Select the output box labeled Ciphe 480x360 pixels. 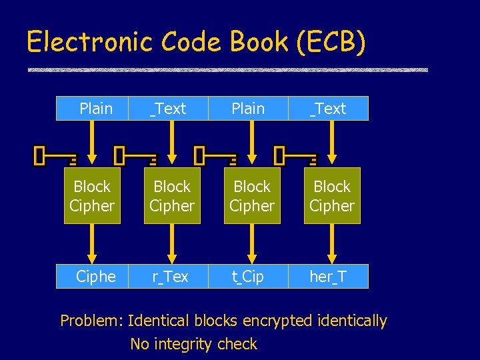click(x=95, y=277)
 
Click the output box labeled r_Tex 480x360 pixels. click(x=171, y=277)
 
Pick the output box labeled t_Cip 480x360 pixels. click(x=249, y=277)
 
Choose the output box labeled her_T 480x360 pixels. click(x=328, y=277)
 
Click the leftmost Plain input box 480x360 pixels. click(x=95, y=109)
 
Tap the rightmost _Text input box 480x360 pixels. click(x=328, y=109)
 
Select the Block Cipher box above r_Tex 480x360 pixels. click(x=172, y=196)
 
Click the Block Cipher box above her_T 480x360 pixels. click(x=332, y=196)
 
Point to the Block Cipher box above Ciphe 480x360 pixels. click(x=92, y=196)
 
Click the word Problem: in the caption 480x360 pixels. click(x=91, y=321)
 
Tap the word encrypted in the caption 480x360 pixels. click(x=275, y=321)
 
